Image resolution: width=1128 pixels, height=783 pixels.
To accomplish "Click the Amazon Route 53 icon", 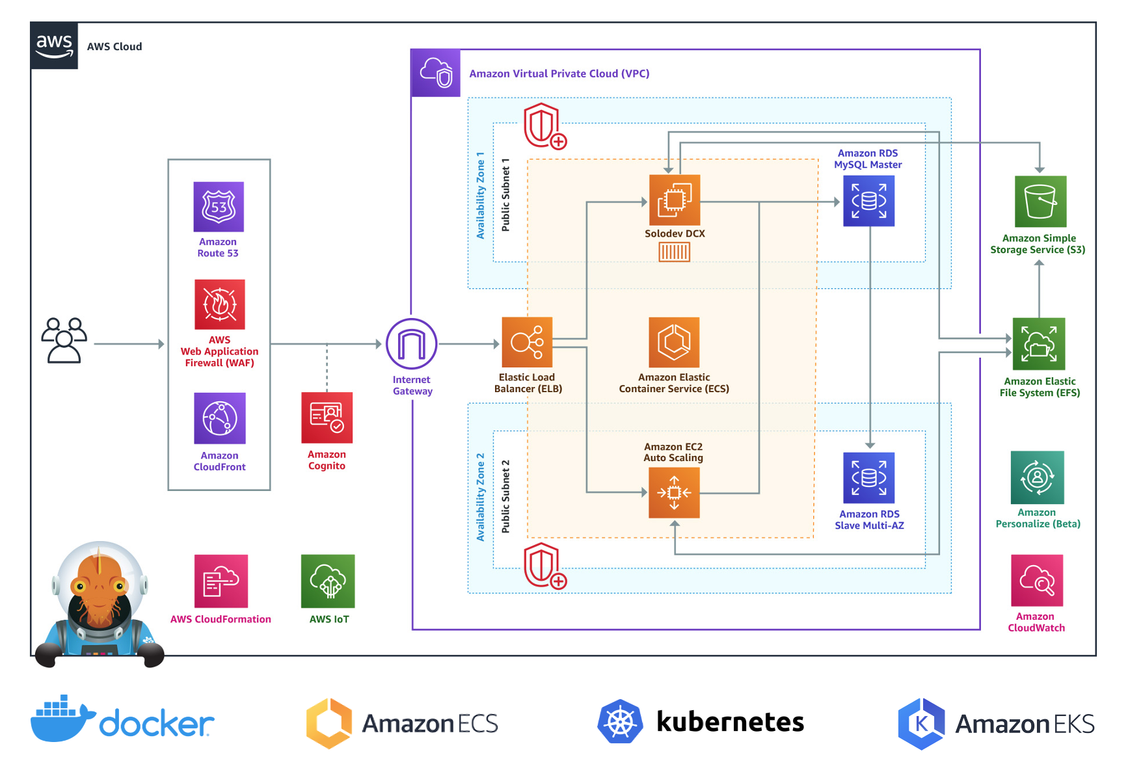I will coord(219,207).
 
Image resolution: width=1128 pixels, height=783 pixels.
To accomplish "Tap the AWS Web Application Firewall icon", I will coord(220,304).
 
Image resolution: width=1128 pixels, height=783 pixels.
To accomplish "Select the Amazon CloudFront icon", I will coord(220,418).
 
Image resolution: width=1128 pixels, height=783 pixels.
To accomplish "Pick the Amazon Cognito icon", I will coord(327,418).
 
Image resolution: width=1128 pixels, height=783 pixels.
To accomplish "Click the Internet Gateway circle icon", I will coord(412,344).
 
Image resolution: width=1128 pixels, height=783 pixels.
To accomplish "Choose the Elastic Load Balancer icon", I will coord(527,342).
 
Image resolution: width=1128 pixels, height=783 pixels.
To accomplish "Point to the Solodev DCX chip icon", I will coord(675,200).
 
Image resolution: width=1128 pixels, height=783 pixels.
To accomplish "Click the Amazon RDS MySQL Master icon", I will coord(868,201).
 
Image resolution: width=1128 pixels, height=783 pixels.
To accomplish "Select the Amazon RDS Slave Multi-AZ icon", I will coord(869,478).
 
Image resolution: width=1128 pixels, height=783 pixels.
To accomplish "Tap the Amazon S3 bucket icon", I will coord(1040,202).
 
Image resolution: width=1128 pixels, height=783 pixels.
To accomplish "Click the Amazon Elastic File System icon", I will coord(1039,344).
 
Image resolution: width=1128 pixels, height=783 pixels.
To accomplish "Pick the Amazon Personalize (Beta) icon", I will coord(1038,478).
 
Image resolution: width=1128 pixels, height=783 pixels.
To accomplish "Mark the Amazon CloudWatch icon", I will coord(1037,580).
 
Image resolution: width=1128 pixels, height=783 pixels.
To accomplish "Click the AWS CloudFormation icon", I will coord(221,581).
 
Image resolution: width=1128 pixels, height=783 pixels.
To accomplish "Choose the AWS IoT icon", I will coord(329,581).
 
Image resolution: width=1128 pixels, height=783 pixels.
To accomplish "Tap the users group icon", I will coord(64,340).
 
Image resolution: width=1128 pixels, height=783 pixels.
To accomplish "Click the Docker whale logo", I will coord(62,719).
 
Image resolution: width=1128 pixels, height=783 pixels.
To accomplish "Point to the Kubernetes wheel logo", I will coord(620,722).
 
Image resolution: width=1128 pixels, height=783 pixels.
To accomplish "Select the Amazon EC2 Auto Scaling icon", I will coord(674,492).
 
